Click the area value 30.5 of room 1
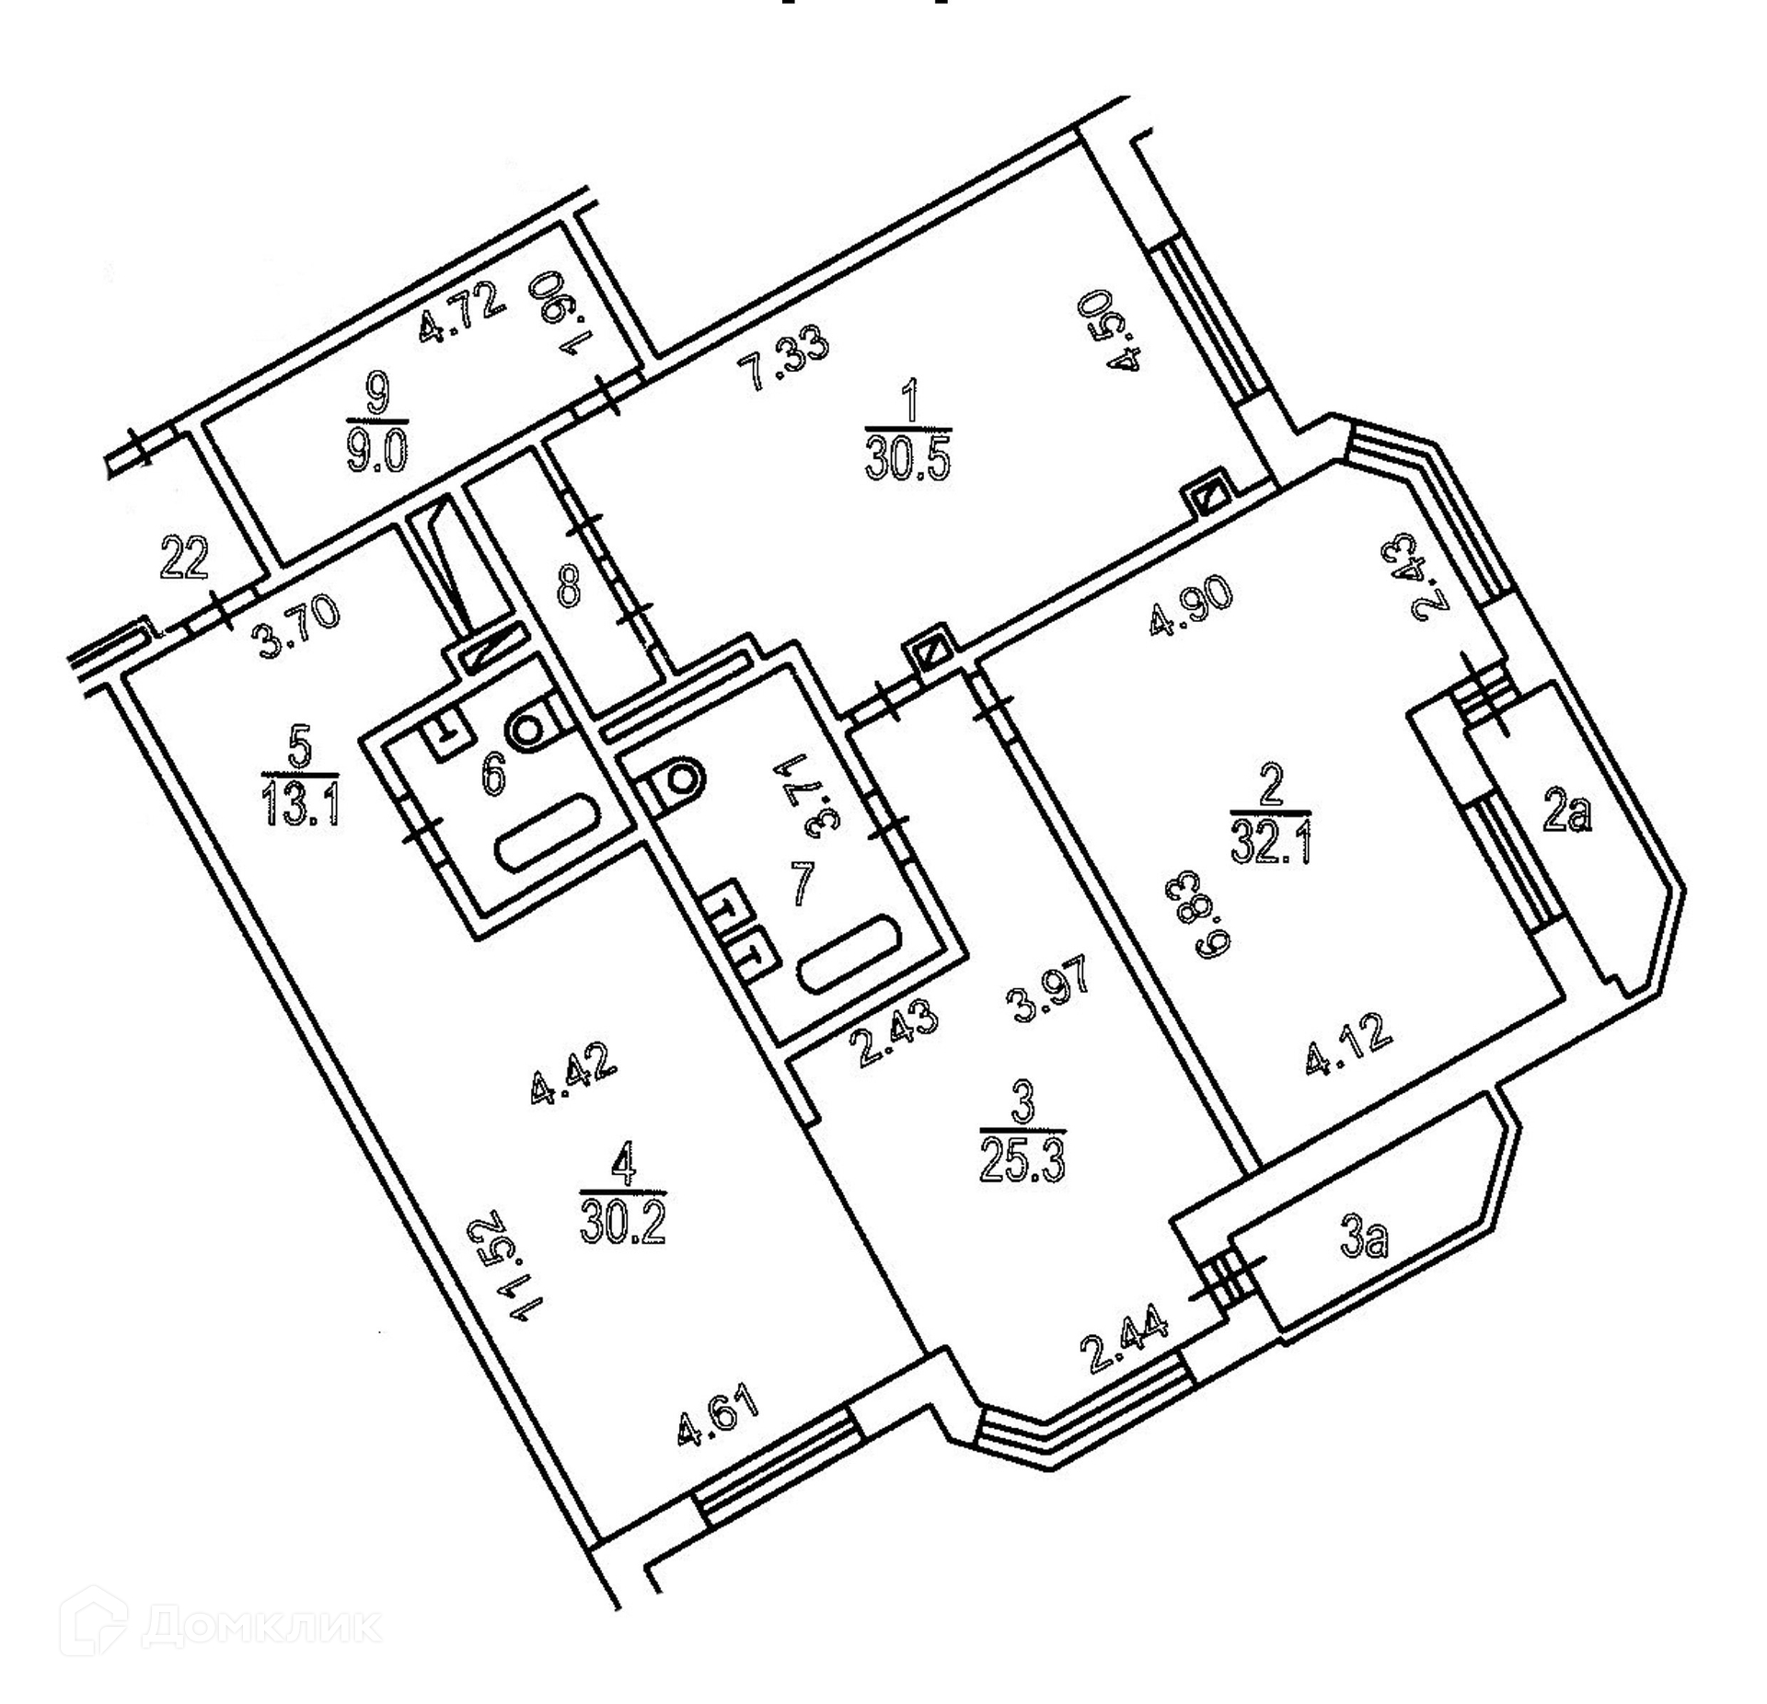pos(907,455)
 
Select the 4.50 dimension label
pos(1126,331)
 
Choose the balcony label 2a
pos(1567,813)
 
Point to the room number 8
pos(570,585)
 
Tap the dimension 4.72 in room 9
pos(462,313)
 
